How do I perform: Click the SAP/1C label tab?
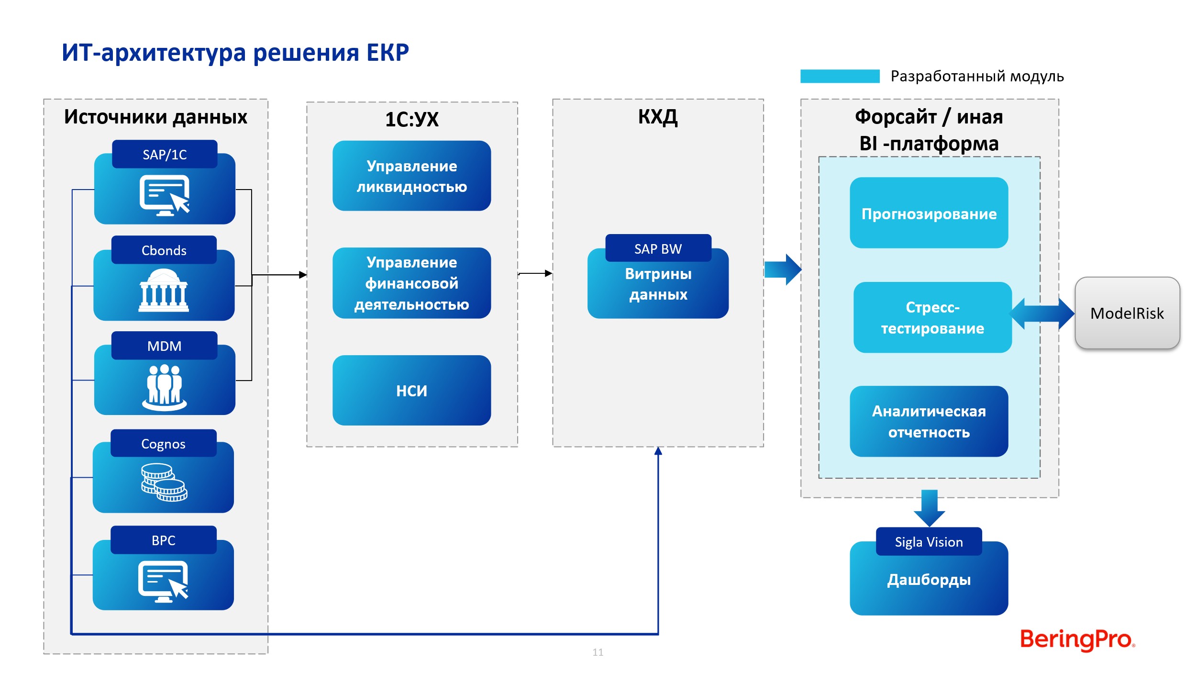(165, 154)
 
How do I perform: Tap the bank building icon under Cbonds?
(164, 290)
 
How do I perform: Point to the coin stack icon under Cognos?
(164, 482)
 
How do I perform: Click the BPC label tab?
(164, 540)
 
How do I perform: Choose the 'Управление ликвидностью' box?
(411, 176)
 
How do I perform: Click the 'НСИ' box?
(411, 390)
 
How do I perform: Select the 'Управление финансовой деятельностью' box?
(411, 283)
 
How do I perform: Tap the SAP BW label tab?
(658, 248)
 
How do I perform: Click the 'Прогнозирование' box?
(929, 213)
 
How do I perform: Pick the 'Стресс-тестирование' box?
(932, 317)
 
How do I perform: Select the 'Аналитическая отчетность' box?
(929, 421)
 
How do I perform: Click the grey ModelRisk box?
(1127, 313)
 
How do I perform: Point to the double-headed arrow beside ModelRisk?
(1041, 314)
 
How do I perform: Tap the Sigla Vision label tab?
(929, 541)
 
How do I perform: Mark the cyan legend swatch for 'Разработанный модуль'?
(840, 76)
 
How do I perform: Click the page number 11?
(598, 652)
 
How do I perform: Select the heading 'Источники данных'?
(155, 117)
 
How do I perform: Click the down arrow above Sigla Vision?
(929, 508)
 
